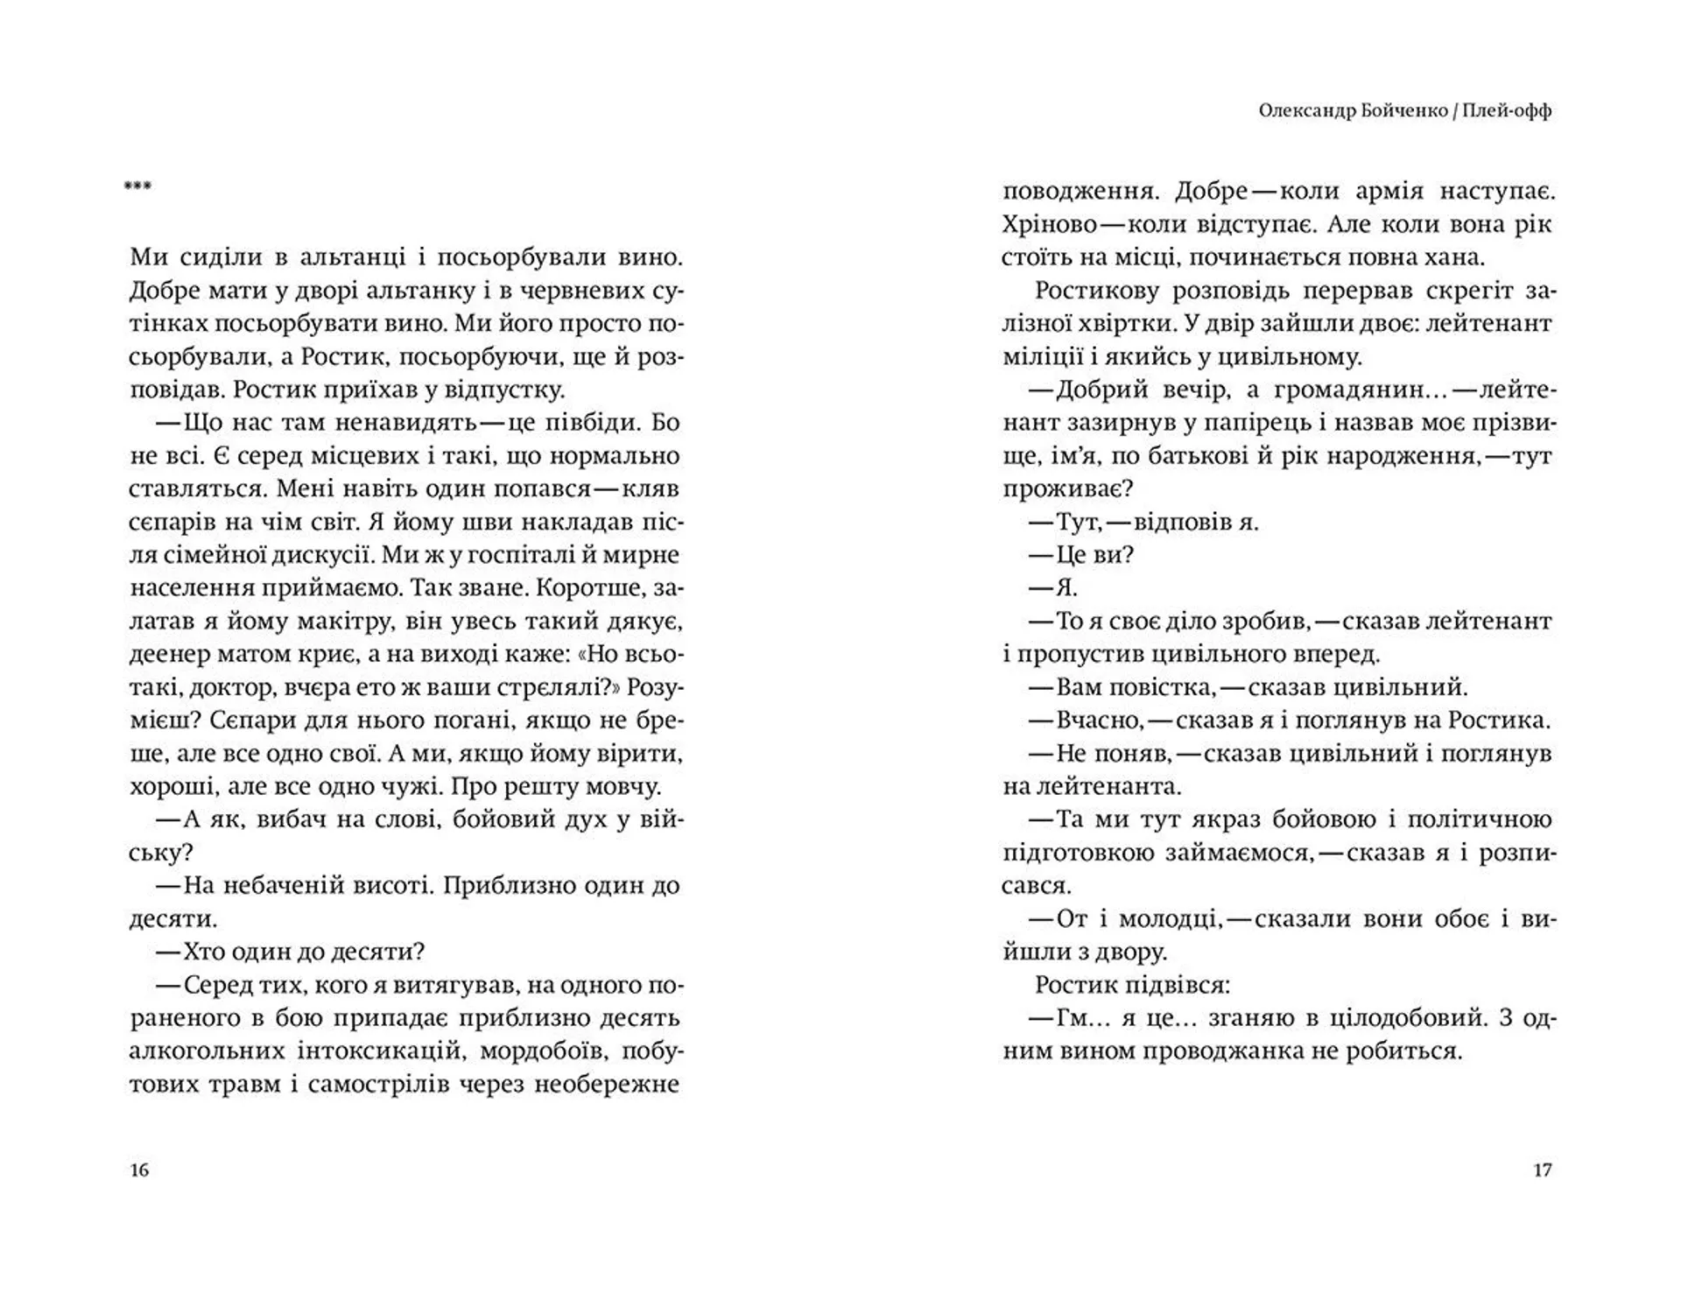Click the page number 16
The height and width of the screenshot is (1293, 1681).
click(x=139, y=1170)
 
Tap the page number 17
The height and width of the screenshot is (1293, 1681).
click(x=1542, y=1170)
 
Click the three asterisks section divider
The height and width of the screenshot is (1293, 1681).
click(x=137, y=186)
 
